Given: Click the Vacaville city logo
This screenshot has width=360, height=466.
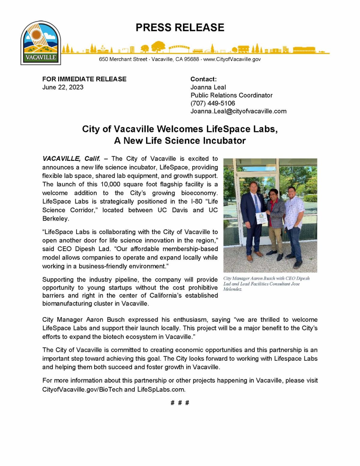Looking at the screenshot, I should pos(41,43).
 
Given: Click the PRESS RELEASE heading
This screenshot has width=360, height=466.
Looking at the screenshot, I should pos(180,28).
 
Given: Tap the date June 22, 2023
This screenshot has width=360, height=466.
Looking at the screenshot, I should pos(63,87).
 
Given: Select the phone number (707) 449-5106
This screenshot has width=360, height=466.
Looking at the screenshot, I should pos(213,103).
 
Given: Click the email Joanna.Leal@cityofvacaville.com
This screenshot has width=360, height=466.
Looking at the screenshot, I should pos(238,111).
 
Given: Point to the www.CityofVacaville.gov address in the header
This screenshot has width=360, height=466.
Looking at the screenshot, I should pos(232,59).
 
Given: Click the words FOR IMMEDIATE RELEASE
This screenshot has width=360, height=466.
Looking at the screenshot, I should pos(84,79).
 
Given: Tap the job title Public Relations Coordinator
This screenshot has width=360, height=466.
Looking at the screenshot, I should pos(231,95).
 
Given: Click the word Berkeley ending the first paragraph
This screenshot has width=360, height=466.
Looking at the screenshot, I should pos(55,219).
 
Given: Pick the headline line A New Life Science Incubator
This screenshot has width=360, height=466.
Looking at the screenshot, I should pos(180,141).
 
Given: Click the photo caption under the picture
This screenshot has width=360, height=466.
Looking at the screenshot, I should pos(266,284).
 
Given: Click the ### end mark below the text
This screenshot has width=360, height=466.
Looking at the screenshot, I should pos(180,403).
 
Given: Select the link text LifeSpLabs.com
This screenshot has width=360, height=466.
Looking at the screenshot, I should pos(161,389).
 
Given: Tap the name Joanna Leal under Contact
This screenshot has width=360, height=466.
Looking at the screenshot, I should pos(208,87).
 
